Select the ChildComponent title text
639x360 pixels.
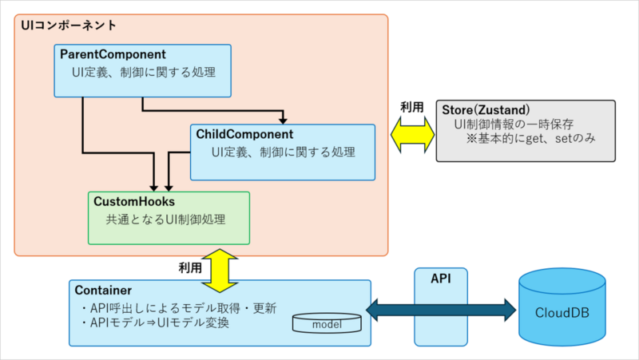tap(244, 134)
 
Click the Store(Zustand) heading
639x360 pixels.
tap(487, 109)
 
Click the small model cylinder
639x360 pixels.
tap(327, 323)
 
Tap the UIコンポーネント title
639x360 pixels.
tap(68, 25)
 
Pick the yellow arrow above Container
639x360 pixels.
tap(217, 270)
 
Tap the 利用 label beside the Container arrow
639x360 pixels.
tap(190, 267)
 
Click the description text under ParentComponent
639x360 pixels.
tap(144, 72)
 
